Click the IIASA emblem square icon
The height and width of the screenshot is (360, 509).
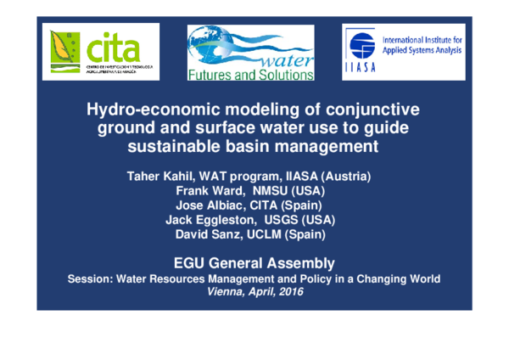[x=360, y=53]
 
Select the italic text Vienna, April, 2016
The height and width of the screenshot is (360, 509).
[x=255, y=291]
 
